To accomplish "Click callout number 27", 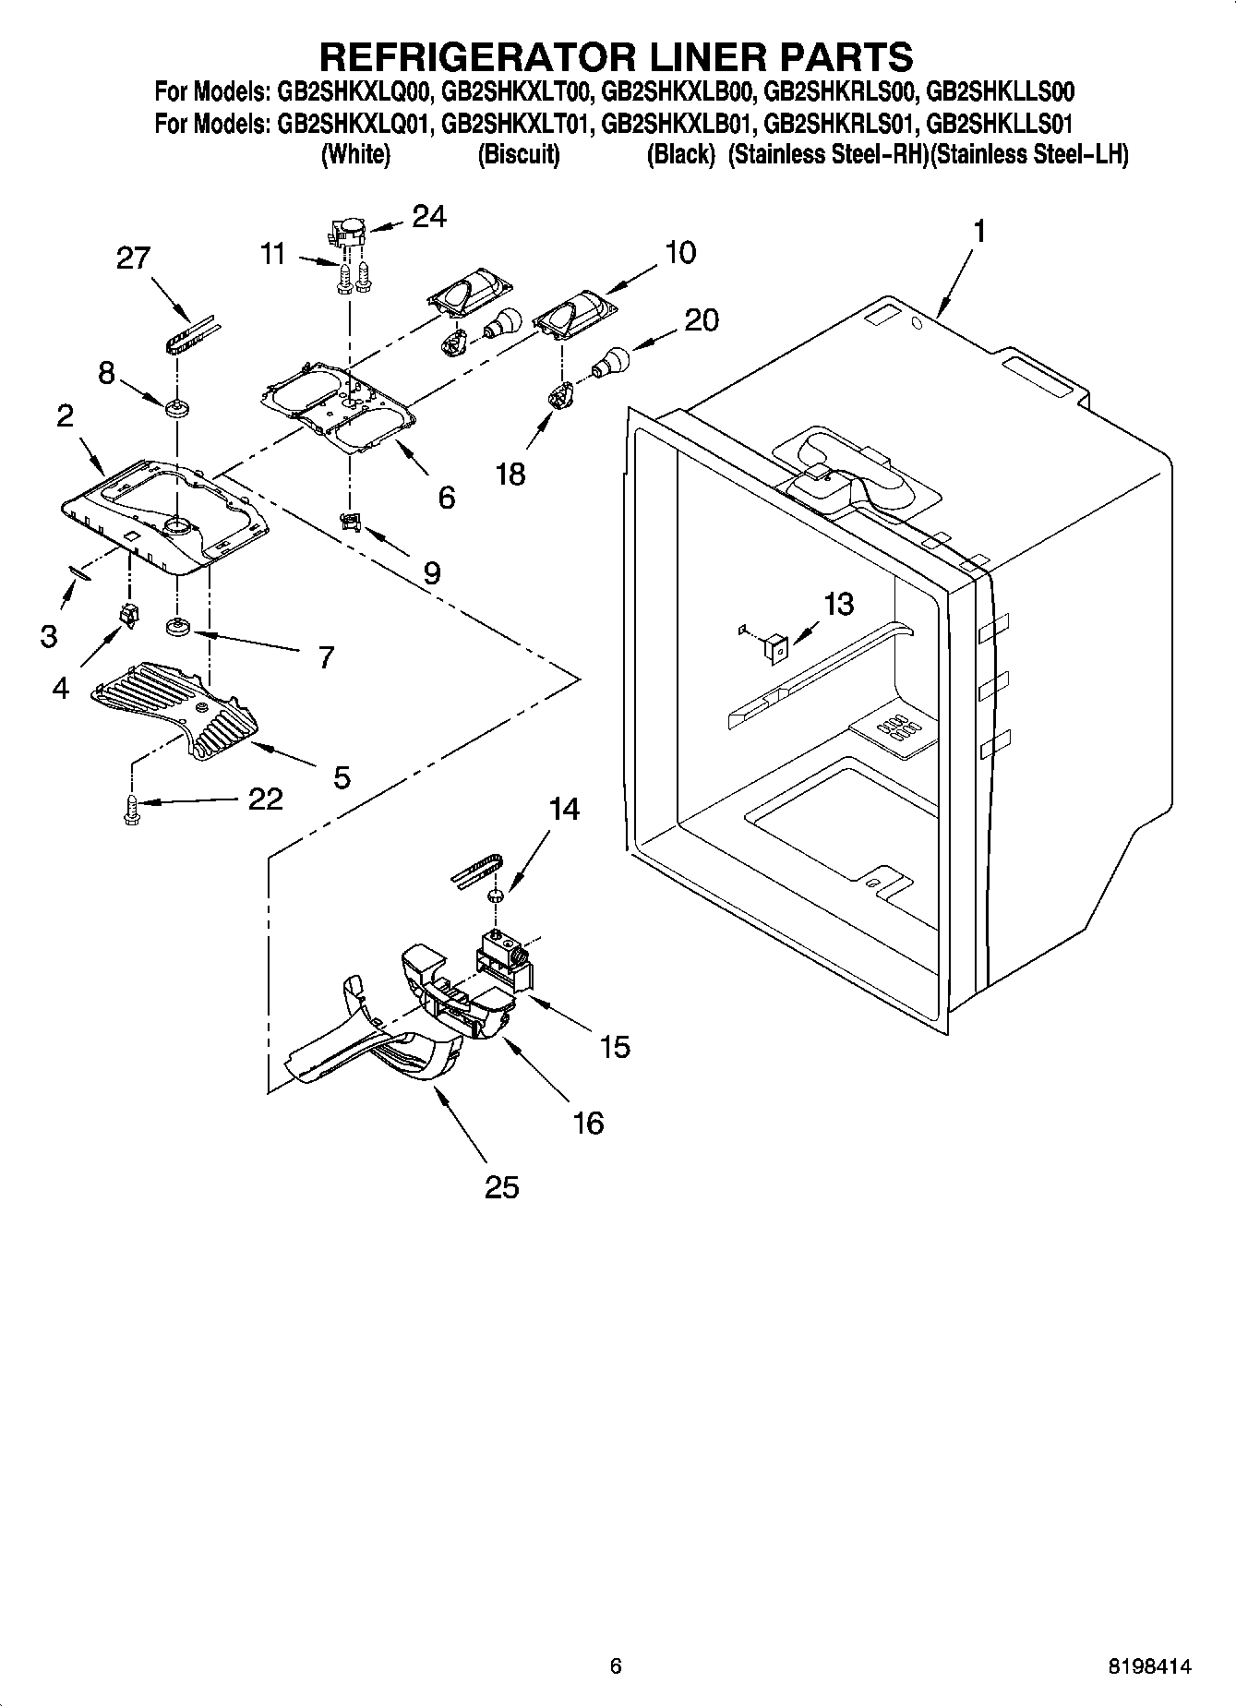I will tap(133, 258).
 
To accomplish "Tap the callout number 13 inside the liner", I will tap(838, 605).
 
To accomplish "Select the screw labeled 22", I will tap(129, 808).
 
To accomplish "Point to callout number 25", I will tap(501, 1186).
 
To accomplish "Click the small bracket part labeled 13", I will tap(774, 648).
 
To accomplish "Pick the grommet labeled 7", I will tap(177, 629).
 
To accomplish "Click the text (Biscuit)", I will tap(519, 155).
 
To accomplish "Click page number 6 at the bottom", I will tap(616, 1666).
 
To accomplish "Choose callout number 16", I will tap(588, 1123).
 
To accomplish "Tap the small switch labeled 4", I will tap(128, 614).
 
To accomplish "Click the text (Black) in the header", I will tap(680, 155).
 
